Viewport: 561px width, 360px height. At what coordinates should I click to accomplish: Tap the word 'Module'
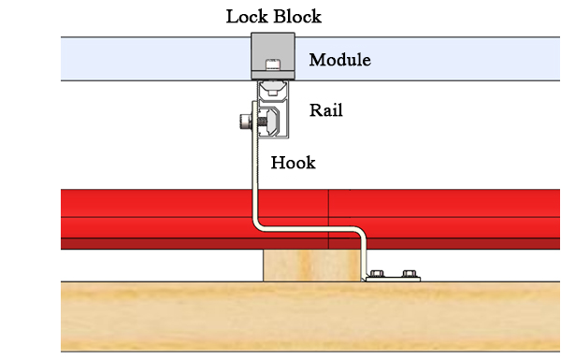point(339,61)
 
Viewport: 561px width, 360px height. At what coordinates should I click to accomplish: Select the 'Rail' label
point(326,110)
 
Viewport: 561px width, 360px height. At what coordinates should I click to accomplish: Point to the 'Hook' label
point(293,163)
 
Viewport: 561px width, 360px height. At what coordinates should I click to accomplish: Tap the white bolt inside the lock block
point(272,65)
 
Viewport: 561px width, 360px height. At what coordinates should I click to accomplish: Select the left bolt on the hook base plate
point(378,274)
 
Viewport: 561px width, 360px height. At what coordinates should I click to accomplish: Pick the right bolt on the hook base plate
point(407,274)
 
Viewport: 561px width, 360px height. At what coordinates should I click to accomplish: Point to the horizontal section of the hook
point(309,229)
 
